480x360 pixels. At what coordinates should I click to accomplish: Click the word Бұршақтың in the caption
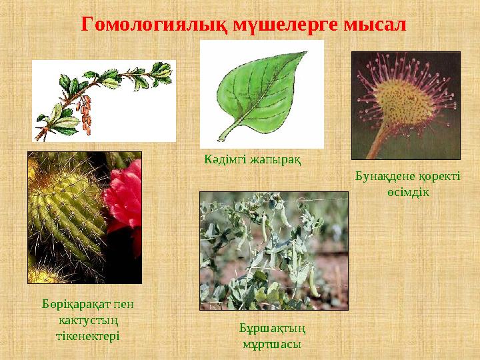click(x=272, y=328)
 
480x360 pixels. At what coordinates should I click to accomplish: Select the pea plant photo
click(x=273, y=250)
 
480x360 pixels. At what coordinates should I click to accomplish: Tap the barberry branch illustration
click(x=104, y=100)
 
